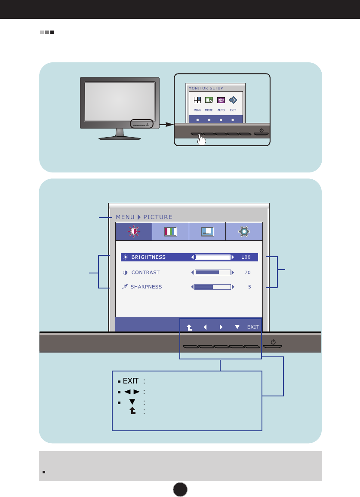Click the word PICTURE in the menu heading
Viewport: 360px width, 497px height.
pos(158,217)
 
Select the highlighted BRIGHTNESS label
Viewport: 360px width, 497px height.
pos(148,257)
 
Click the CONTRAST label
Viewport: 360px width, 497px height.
pos(145,273)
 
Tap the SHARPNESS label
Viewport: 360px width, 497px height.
pos(146,287)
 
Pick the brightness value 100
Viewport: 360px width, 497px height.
pos(246,257)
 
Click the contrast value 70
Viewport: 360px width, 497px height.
pos(247,273)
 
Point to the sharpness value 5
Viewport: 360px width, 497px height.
pos(249,287)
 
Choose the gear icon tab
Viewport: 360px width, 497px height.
pos(244,231)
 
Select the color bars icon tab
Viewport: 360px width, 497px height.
pos(171,231)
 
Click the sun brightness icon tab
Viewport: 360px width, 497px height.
pos(133,231)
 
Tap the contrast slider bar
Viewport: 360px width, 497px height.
pos(213,273)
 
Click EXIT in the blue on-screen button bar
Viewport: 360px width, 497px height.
pos(253,327)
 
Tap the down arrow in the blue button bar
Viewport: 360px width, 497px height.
pos(237,327)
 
